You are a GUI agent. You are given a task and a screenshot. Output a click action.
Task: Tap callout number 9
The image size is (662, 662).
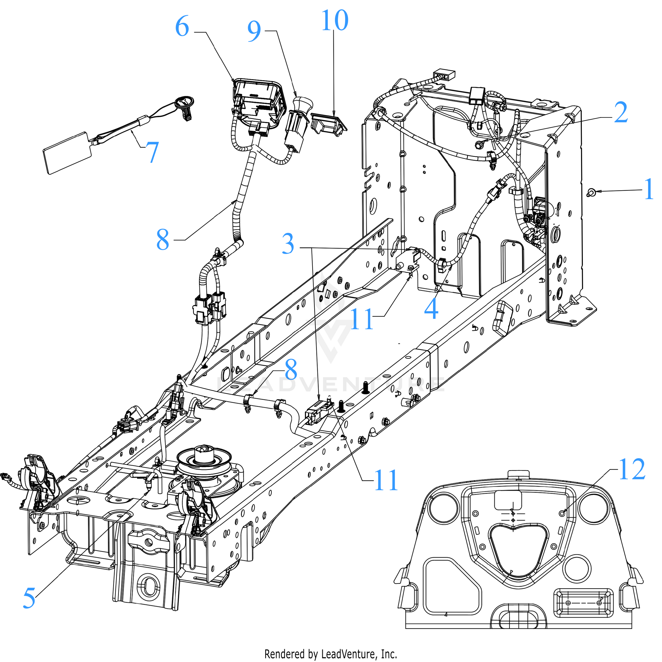point(254,31)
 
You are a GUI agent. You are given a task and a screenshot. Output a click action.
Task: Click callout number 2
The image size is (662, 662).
point(620,113)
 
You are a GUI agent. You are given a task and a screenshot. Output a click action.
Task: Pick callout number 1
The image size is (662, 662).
point(649,189)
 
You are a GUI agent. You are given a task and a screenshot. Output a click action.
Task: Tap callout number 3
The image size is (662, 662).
point(288,244)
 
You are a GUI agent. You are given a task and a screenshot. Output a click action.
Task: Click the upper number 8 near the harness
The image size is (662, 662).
point(163,240)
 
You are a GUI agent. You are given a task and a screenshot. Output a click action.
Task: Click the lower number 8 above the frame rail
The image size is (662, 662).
point(291,370)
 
